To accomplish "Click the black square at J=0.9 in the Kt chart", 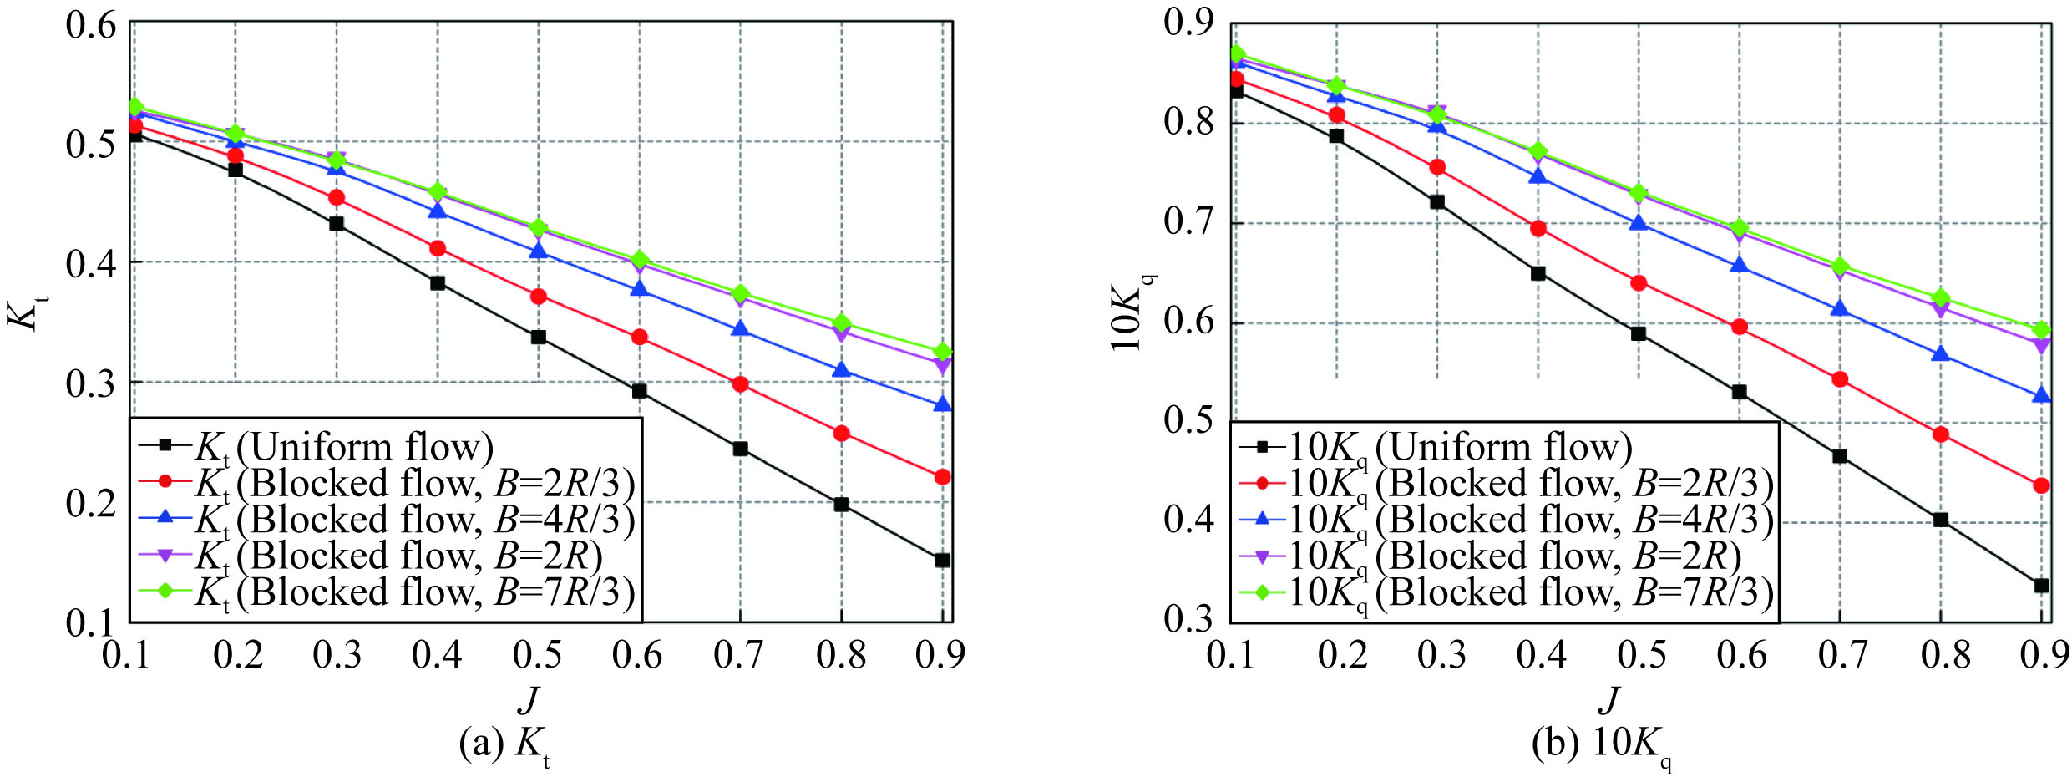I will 942,560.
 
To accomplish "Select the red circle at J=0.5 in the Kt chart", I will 539,297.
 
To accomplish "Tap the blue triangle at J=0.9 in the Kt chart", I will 942,404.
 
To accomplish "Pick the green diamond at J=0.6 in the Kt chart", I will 640,260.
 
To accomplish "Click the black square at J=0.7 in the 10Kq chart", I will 1840,456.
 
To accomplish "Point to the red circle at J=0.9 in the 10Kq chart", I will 2041,485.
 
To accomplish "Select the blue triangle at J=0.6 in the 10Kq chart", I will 1740,265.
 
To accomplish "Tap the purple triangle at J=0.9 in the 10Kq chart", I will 2041,345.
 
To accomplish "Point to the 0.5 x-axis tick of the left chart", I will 538,654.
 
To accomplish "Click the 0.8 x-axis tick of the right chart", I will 1945,654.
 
